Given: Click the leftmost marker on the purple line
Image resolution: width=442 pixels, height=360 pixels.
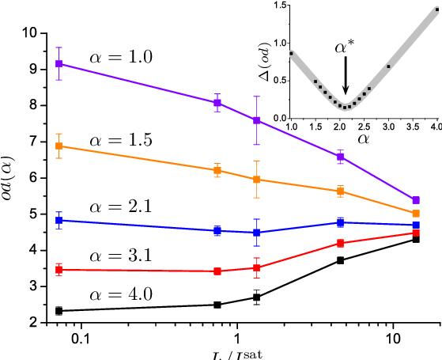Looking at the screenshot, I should pyautogui.click(x=59, y=63).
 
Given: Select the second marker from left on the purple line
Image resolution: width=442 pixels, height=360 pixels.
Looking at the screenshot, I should pyautogui.click(x=217, y=103).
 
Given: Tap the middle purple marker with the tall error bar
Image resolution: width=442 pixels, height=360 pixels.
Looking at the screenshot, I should pyautogui.click(x=256, y=120).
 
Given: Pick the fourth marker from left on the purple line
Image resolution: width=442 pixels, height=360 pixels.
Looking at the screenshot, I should pyautogui.click(x=340, y=157).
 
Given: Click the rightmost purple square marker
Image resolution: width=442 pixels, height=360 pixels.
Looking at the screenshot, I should pyautogui.click(x=416, y=200).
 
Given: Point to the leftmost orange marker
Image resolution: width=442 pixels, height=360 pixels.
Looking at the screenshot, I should pyautogui.click(x=59, y=146).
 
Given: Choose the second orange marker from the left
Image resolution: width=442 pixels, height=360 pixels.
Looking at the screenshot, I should pyautogui.click(x=217, y=170).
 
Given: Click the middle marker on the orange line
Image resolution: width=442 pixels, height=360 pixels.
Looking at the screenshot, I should pyautogui.click(x=256, y=180).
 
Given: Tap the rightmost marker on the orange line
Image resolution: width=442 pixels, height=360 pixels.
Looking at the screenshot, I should pyautogui.click(x=416, y=214).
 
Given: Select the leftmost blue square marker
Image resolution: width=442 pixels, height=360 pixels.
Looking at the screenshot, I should pyautogui.click(x=59, y=220).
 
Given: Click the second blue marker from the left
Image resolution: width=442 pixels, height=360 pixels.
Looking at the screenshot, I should pyautogui.click(x=217, y=230).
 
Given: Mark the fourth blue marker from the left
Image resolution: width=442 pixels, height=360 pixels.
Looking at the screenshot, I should pyautogui.click(x=340, y=222).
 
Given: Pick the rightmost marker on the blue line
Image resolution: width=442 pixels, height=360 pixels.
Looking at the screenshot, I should pyautogui.click(x=416, y=225).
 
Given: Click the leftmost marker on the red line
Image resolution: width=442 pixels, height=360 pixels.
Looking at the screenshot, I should pyautogui.click(x=59, y=270).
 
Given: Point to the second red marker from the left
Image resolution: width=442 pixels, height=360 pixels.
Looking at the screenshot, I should pyautogui.click(x=217, y=271).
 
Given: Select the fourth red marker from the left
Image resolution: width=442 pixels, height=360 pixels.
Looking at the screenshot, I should pyautogui.click(x=340, y=243).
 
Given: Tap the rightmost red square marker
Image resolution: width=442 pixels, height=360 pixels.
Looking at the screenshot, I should pyautogui.click(x=416, y=233).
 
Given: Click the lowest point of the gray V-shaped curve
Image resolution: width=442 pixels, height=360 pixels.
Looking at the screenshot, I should pyautogui.click(x=346, y=108).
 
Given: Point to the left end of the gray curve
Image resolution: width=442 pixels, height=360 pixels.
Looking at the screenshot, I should pyautogui.click(x=292, y=53).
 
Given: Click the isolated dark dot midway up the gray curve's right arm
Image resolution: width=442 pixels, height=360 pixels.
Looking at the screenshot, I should pyautogui.click(x=388, y=66).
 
